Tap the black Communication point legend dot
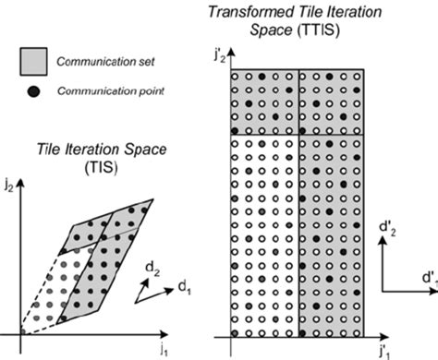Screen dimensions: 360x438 pos(35,90)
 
